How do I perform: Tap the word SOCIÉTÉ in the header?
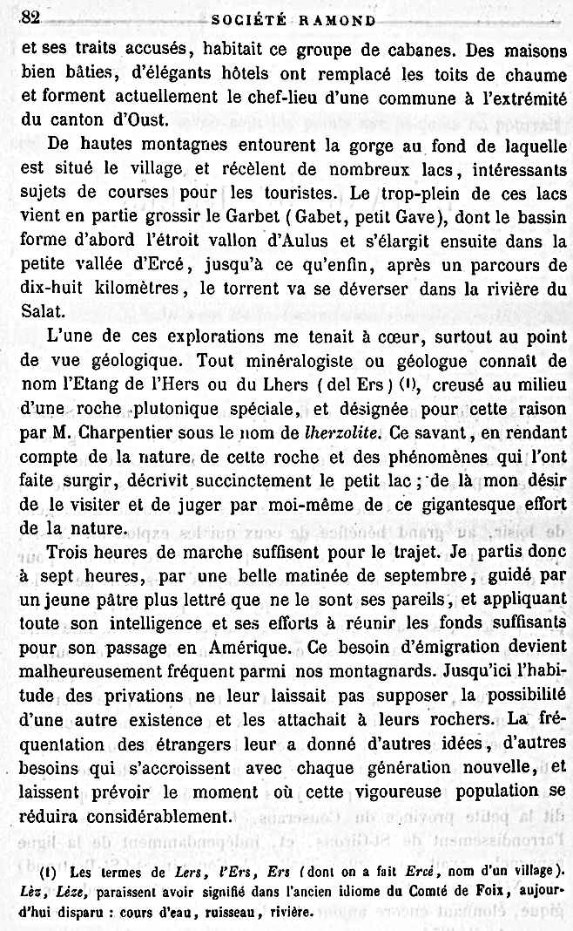click(246, 19)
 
